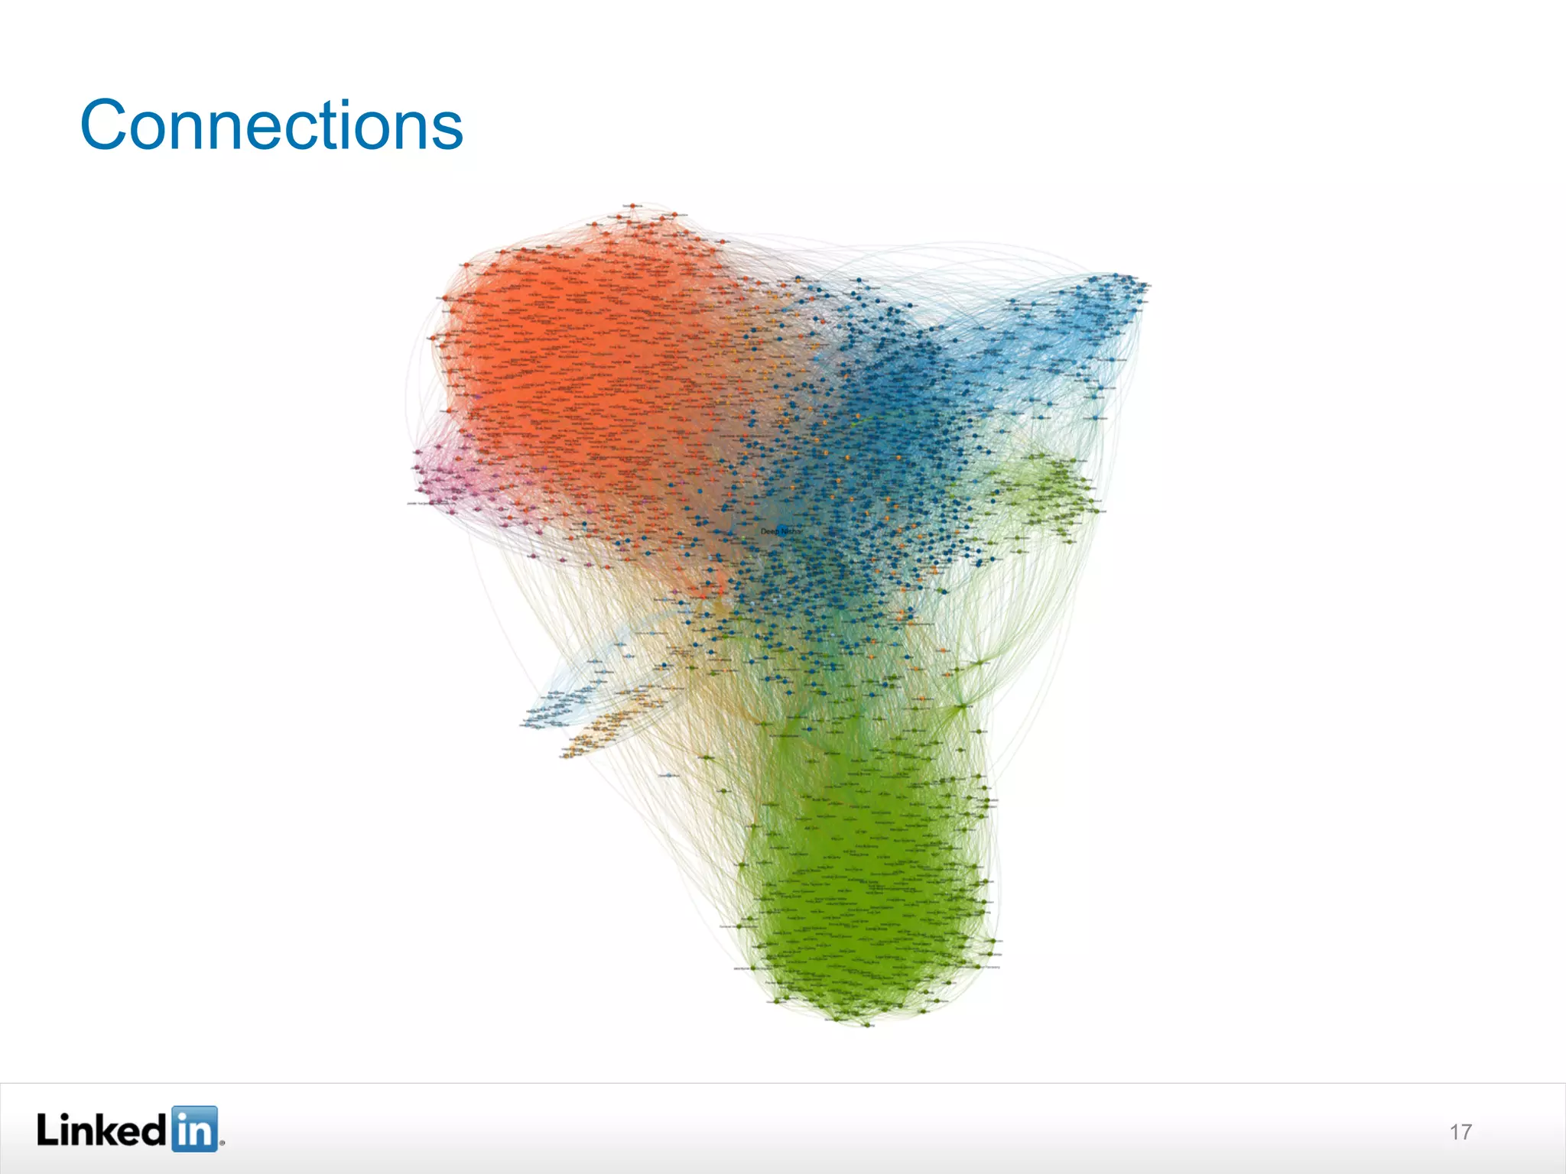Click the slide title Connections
click(x=271, y=125)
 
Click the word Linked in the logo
click(x=102, y=1129)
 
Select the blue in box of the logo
click(x=194, y=1128)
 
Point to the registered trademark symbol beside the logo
click(x=222, y=1144)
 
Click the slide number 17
click(x=1460, y=1132)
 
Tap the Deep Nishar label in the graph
click(x=781, y=530)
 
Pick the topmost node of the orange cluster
click(x=632, y=206)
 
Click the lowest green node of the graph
click(x=868, y=1025)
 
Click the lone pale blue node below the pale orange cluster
click(x=668, y=775)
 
